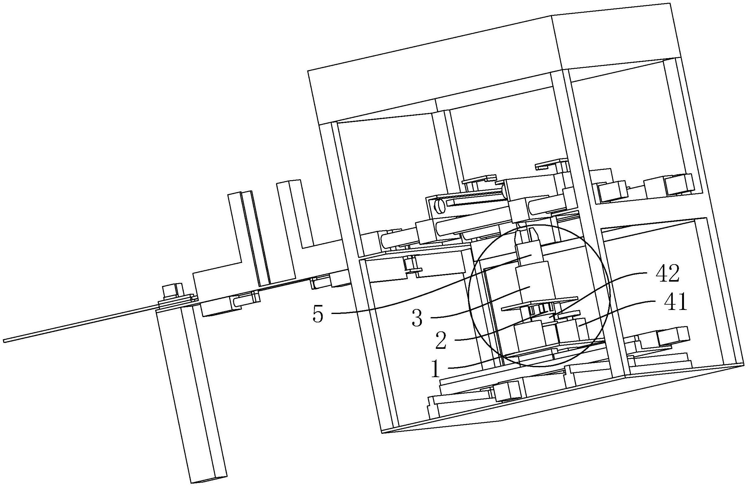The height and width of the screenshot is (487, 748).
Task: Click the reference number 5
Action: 318,315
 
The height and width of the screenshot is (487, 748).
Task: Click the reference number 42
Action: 667,274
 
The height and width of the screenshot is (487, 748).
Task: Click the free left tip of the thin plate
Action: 6,340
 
